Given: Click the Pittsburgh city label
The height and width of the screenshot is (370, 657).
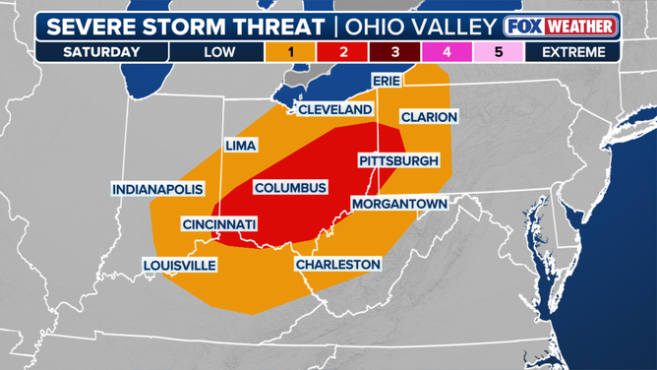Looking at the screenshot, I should click(398, 160).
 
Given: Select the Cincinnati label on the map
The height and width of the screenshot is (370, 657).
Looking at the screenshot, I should click(219, 224).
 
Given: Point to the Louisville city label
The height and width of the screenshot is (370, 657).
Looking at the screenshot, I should click(179, 265).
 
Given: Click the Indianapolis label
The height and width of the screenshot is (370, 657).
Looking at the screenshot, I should click(157, 188).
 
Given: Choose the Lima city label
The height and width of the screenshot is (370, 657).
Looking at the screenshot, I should click(240, 146).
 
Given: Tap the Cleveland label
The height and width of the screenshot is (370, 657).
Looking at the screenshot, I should click(334, 109).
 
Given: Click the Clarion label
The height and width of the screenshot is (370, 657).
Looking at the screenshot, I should click(429, 117).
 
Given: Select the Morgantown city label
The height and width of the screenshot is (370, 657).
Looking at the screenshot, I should click(399, 204).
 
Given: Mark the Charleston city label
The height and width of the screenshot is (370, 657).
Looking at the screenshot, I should click(337, 264).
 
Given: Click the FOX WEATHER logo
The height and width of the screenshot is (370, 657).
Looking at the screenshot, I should click(561, 26).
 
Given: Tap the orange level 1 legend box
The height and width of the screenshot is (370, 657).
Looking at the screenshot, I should click(290, 52).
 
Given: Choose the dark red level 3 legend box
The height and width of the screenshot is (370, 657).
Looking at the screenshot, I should click(394, 52).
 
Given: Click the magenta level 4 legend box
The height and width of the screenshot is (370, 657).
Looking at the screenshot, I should click(447, 52).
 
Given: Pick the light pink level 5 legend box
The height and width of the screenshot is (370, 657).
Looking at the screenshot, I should click(499, 52).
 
